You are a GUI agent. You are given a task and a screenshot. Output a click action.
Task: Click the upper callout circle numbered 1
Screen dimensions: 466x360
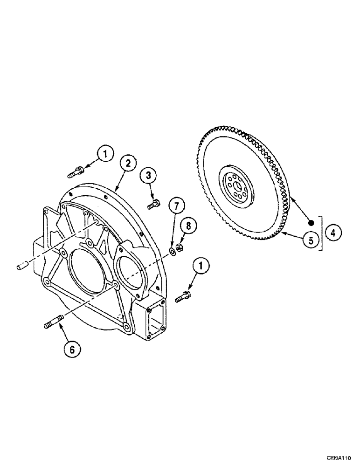pos(105,153)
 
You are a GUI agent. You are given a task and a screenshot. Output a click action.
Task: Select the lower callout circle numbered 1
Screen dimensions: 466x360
pos(201,266)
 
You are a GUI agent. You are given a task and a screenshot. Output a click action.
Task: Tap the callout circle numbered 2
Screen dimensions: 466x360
pos(128,163)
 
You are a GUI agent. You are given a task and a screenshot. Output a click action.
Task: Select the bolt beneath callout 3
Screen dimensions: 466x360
pos(153,204)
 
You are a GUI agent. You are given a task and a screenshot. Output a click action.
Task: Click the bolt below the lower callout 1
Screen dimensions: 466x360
pos(183,295)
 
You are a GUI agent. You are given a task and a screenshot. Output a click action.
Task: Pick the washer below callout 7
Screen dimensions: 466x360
pos(172,252)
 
